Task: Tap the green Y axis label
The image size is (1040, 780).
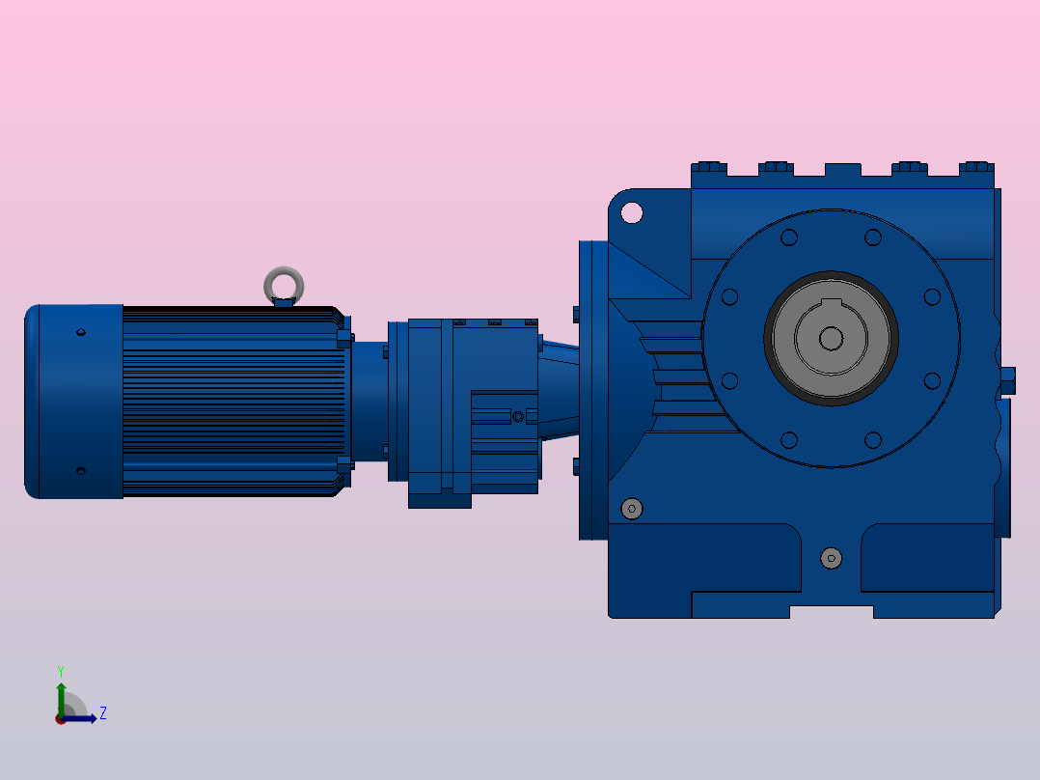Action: click(61, 671)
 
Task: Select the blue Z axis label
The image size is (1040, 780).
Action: click(103, 713)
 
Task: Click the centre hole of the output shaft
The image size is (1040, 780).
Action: click(831, 339)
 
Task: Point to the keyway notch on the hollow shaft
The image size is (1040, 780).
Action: click(831, 304)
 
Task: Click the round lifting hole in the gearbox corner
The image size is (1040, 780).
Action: click(631, 212)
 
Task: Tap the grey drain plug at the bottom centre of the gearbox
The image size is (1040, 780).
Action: click(831, 558)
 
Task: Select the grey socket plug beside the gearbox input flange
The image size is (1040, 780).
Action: click(631, 509)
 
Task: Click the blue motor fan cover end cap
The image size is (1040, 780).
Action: click(73, 402)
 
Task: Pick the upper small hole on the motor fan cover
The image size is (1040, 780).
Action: click(81, 332)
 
